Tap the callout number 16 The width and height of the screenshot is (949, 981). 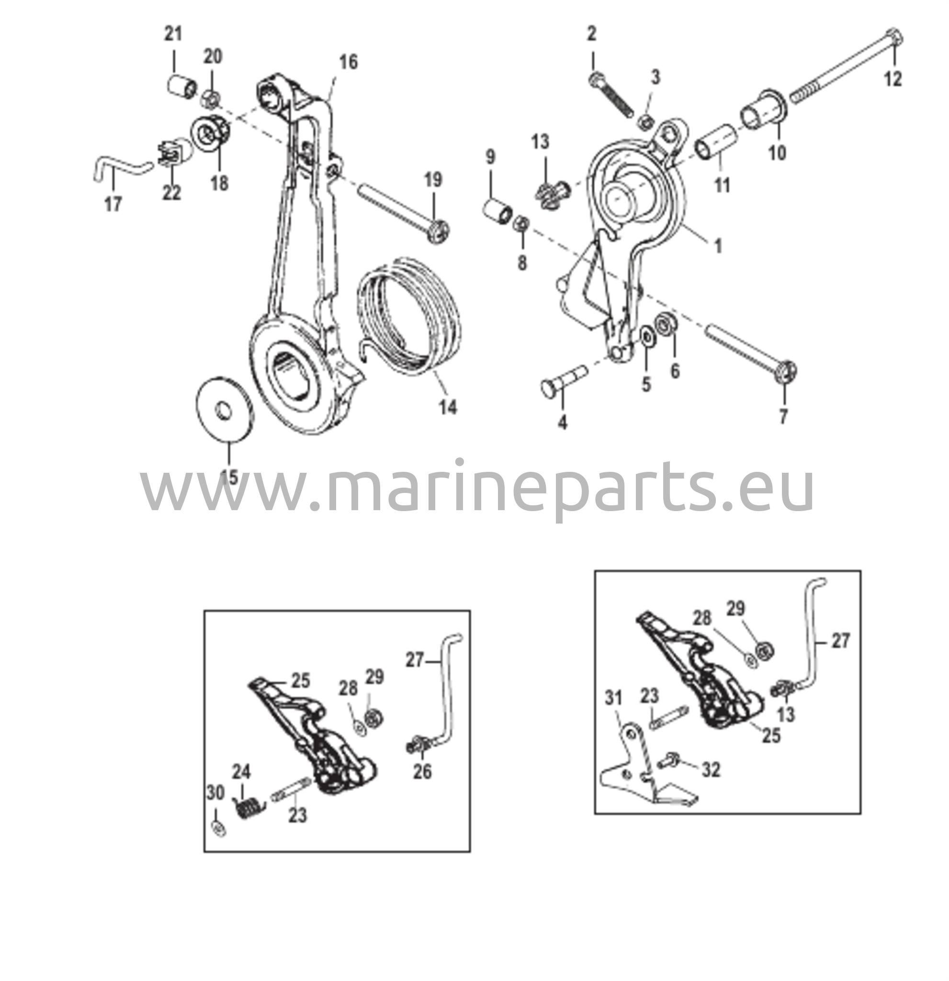[348, 63]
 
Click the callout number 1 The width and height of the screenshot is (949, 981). [718, 246]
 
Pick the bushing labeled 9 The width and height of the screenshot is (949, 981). [497, 211]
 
